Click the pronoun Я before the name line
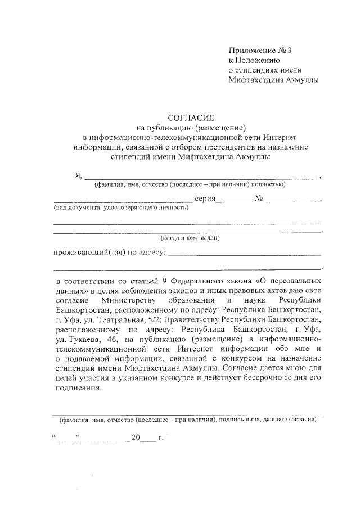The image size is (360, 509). click(x=78, y=175)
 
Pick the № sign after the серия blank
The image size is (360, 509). click(x=259, y=200)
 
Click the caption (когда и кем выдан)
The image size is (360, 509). click(x=190, y=237)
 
